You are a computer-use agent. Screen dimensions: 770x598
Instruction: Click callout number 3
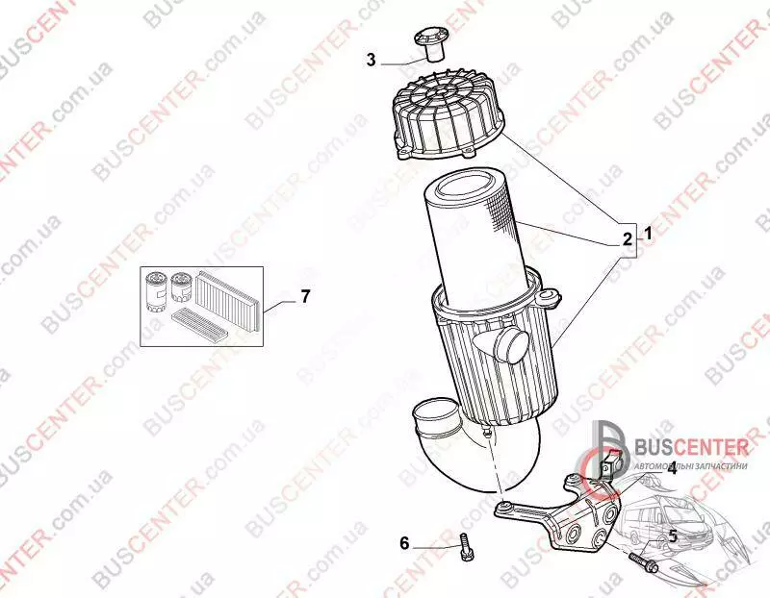(x=372, y=60)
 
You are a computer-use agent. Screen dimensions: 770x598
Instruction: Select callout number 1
(x=647, y=234)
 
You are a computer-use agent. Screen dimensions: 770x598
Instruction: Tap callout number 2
(x=628, y=239)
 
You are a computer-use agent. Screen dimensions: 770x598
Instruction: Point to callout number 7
(x=305, y=296)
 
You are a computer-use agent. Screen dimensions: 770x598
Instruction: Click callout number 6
(x=404, y=543)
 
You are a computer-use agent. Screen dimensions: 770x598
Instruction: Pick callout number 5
(x=673, y=536)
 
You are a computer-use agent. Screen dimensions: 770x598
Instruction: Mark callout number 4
(x=671, y=469)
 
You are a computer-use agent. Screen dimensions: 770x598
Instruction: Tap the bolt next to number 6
(x=464, y=547)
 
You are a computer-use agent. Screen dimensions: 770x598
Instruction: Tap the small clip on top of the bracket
(x=610, y=464)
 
